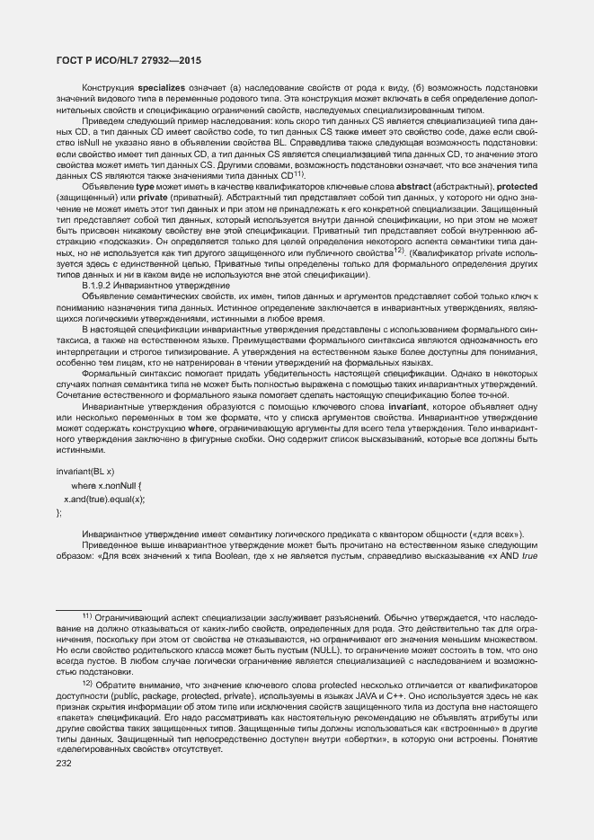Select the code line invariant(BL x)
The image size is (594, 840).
click(x=84, y=472)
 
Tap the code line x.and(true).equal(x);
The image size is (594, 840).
click(x=104, y=498)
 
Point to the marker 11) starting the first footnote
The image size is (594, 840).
click(x=87, y=617)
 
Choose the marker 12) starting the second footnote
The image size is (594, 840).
click(x=87, y=682)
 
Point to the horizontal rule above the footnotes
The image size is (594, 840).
click(x=90, y=608)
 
